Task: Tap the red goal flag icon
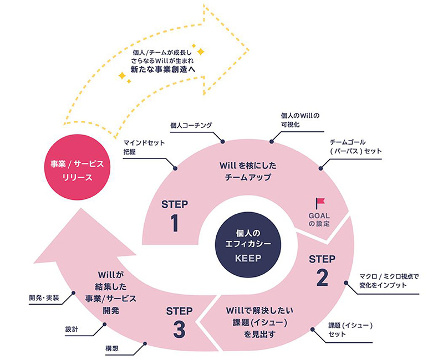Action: pyautogui.click(x=319, y=204)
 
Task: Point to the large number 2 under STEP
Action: pyautogui.click(x=322, y=278)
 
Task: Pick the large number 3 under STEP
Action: pyautogui.click(x=179, y=329)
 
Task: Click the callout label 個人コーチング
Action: pyautogui.click(x=192, y=126)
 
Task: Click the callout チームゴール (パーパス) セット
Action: pyautogui.click(x=355, y=147)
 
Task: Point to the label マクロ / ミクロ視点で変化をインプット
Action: pyautogui.click(x=383, y=280)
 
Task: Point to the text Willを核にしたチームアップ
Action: pyautogui.click(x=245, y=172)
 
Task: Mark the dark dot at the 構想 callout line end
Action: pyautogui.click(x=145, y=343)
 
